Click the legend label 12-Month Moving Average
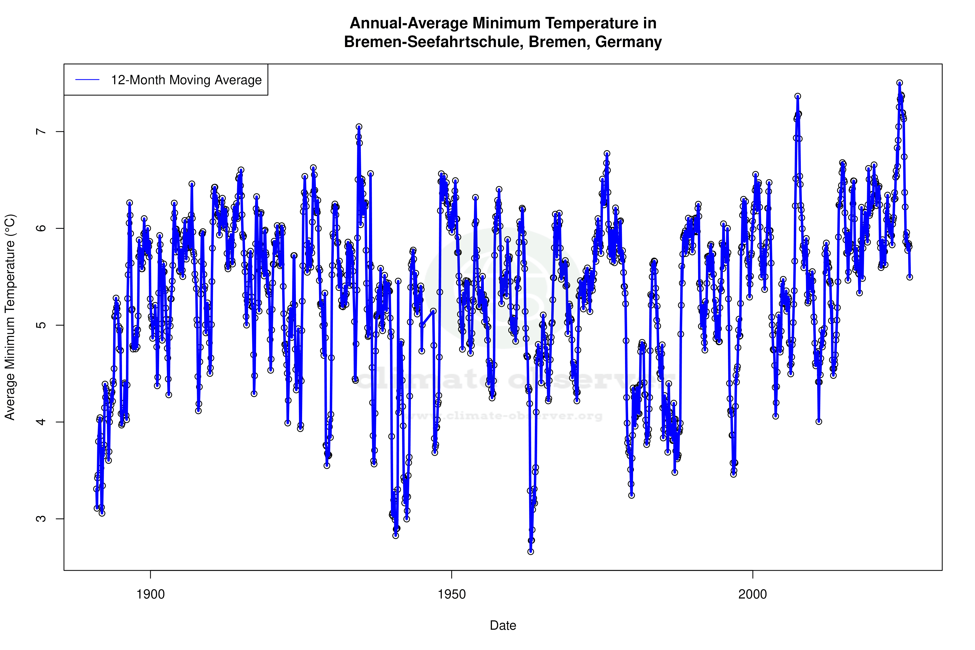tap(186, 80)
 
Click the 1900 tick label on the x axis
tap(151, 594)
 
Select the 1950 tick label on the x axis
tap(452, 594)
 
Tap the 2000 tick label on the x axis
tap(753, 594)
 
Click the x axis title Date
tap(503, 626)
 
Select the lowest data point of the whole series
tap(531, 552)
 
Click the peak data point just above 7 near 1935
tap(359, 127)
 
